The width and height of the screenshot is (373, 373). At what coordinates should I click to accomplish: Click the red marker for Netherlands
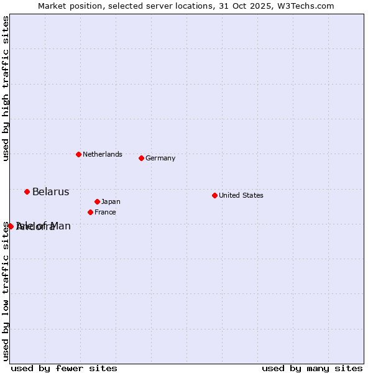pos(78,154)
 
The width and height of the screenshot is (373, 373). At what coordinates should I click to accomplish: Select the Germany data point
pos(141,158)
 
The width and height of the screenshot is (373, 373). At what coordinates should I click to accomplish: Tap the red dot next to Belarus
pos(27,191)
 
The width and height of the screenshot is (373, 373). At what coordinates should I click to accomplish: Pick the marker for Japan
pos(97,201)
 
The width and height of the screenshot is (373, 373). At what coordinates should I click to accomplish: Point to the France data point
pos(90,212)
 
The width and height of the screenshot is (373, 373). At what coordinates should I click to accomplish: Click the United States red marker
pos(214,195)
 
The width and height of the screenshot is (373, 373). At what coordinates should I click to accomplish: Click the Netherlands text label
pos(102,154)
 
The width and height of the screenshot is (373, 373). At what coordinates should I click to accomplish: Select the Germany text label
pos(160,158)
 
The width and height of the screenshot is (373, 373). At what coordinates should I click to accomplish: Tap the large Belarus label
pos(50,191)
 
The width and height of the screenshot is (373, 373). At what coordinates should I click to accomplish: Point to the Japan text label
pos(111,201)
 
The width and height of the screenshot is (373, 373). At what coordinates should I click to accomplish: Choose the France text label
pos(105,212)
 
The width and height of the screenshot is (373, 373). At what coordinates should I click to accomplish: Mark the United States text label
pos(241,195)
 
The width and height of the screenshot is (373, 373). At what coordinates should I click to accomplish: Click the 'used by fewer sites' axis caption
pos(64,368)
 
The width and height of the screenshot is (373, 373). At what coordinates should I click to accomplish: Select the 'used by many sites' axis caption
pos(312,368)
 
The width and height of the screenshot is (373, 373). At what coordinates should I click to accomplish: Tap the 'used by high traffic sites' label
pos(6,89)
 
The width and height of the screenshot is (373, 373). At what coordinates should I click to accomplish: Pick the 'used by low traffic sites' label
pos(6,291)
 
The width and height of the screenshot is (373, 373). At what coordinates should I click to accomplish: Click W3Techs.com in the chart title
pos(306,6)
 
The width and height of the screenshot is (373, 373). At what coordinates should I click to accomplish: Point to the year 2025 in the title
pos(265,6)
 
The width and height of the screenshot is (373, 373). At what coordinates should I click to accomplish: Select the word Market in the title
pos(52,6)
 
